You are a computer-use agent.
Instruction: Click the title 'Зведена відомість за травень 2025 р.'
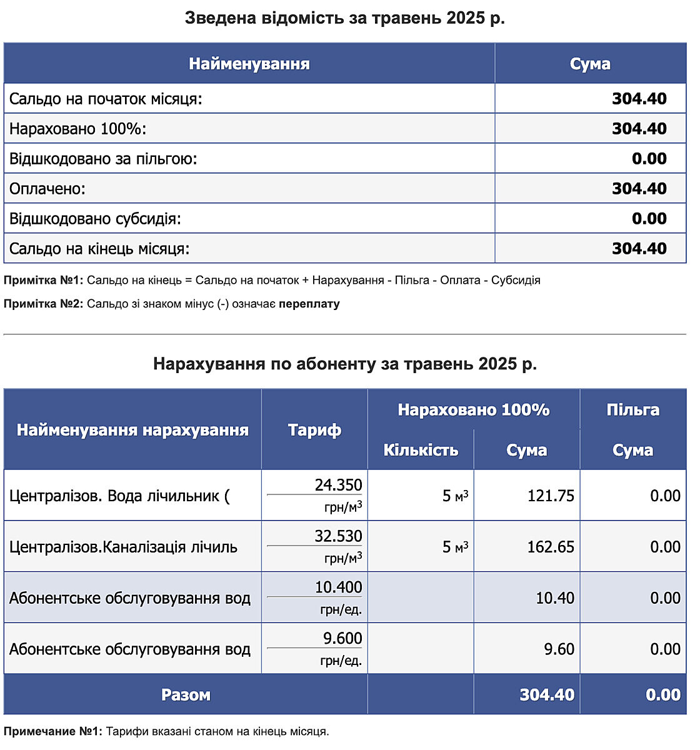pyautogui.click(x=344, y=18)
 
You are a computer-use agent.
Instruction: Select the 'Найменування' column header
pyautogui.click(x=249, y=64)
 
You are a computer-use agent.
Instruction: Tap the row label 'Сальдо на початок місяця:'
pyautogui.click(x=106, y=99)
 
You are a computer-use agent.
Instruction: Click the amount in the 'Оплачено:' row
pyautogui.click(x=639, y=189)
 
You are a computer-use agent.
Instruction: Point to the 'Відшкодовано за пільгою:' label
pyautogui.click(x=103, y=159)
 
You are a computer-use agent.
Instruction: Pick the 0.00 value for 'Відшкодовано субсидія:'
pyautogui.click(x=649, y=219)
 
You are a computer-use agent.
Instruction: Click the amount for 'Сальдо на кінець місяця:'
pyautogui.click(x=639, y=249)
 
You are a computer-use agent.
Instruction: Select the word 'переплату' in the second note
pyautogui.click(x=309, y=304)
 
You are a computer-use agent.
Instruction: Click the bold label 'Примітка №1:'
pyautogui.click(x=44, y=281)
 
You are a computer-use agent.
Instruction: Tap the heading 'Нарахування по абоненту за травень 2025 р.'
pyautogui.click(x=344, y=364)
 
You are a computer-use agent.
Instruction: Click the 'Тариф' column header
pyautogui.click(x=314, y=430)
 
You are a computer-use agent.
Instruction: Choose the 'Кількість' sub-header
pyautogui.click(x=421, y=450)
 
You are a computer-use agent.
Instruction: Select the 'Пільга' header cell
pyautogui.click(x=632, y=410)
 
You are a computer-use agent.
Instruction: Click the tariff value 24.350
pyautogui.click(x=338, y=485)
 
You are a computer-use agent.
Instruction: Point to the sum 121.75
pyautogui.click(x=550, y=496)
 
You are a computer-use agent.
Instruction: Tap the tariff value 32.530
pyautogui.click(x=338, y=536)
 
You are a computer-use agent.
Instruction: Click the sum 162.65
pyautogui.click(x=550, y=547)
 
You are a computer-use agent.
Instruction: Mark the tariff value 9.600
pyautogui.click(x=342, y=638)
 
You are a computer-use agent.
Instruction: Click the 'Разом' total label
pyautogui.click(x=186, y=695)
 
